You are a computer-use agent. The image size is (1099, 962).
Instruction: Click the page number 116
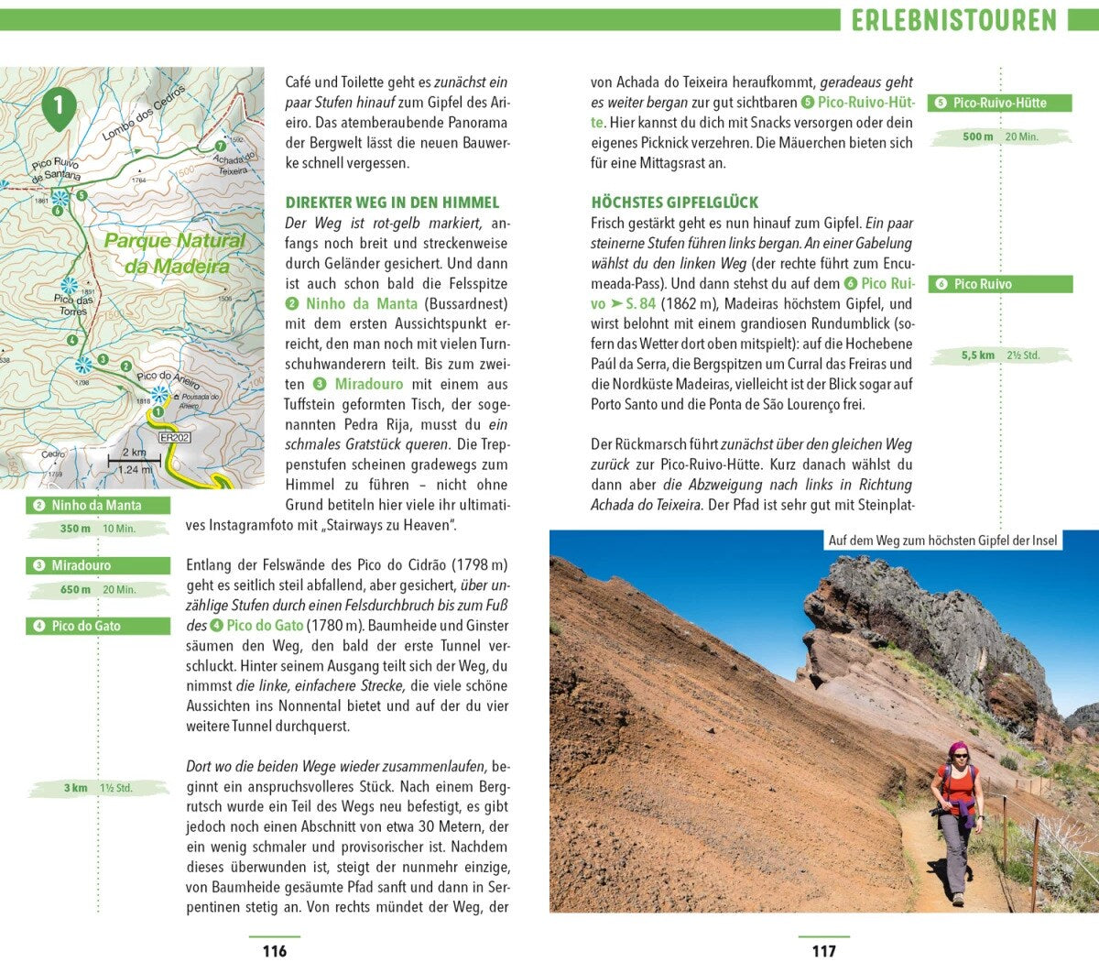(x=274, y=950)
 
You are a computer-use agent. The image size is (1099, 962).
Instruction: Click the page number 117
(x=823, y=950)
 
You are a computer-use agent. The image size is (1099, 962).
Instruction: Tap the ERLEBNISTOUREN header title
(x=953, y=19)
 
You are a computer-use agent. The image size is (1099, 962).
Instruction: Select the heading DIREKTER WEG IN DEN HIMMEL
(x=392, y=202)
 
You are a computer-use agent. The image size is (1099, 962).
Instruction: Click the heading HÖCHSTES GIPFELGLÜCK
(x=675, y=202)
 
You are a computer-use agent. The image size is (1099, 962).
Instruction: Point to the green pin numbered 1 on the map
(x=59, y=106)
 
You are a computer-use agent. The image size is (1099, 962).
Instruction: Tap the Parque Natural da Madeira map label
(x=175, y=253)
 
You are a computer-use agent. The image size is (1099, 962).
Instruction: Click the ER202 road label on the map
(x=174, y=437)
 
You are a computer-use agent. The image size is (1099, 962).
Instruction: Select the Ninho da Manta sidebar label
(x=97, y=505)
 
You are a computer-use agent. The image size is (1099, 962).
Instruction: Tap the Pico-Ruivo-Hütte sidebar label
(x=999, y=103)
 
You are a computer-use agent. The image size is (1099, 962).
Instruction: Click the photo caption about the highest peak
(x=942, y=541)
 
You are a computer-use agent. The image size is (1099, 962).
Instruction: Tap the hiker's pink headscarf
(x=957, y=749)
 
